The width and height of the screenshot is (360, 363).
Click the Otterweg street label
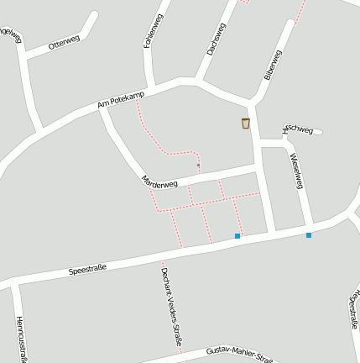(64, 43)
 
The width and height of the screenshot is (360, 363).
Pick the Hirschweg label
(298, 129)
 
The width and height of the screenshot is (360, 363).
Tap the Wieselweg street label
(295, 170)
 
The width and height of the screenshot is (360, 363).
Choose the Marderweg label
(159, 181)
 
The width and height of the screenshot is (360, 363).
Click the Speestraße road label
(87, 271)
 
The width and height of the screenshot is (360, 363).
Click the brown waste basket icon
(245, 124)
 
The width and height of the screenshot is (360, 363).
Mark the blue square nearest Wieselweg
(309, 235)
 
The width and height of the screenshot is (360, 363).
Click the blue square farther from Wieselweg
(237, 236)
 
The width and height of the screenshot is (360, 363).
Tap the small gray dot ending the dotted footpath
(198, 166)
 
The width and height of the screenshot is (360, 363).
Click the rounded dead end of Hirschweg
(319, 131)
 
